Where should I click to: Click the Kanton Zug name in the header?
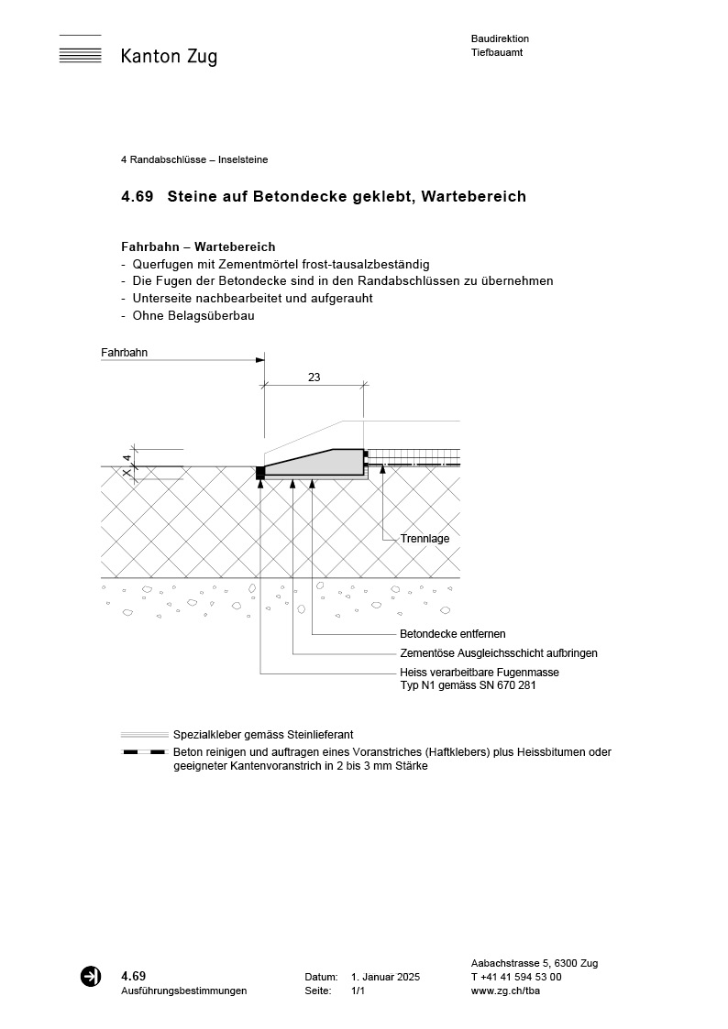click(169, 57)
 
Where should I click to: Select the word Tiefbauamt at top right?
click(496, 53)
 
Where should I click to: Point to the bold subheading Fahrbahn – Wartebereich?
click(198, 247)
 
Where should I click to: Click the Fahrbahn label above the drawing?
click(125, 352)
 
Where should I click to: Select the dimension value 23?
click(314, 378)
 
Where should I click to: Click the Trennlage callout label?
click(425, 539)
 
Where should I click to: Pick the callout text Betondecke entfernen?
click(453, 634)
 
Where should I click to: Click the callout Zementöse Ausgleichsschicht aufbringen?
click(499, 653)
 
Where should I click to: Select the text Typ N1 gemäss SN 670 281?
click(468, 684)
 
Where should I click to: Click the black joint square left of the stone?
click(260, 472)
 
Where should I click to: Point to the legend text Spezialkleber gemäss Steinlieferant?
click(263, 735)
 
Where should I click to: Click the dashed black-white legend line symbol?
click(144, 752)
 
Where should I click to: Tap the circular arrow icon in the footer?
click(91, 977)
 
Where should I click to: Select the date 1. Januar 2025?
click(385, 978)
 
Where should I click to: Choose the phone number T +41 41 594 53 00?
click(516, 977)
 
